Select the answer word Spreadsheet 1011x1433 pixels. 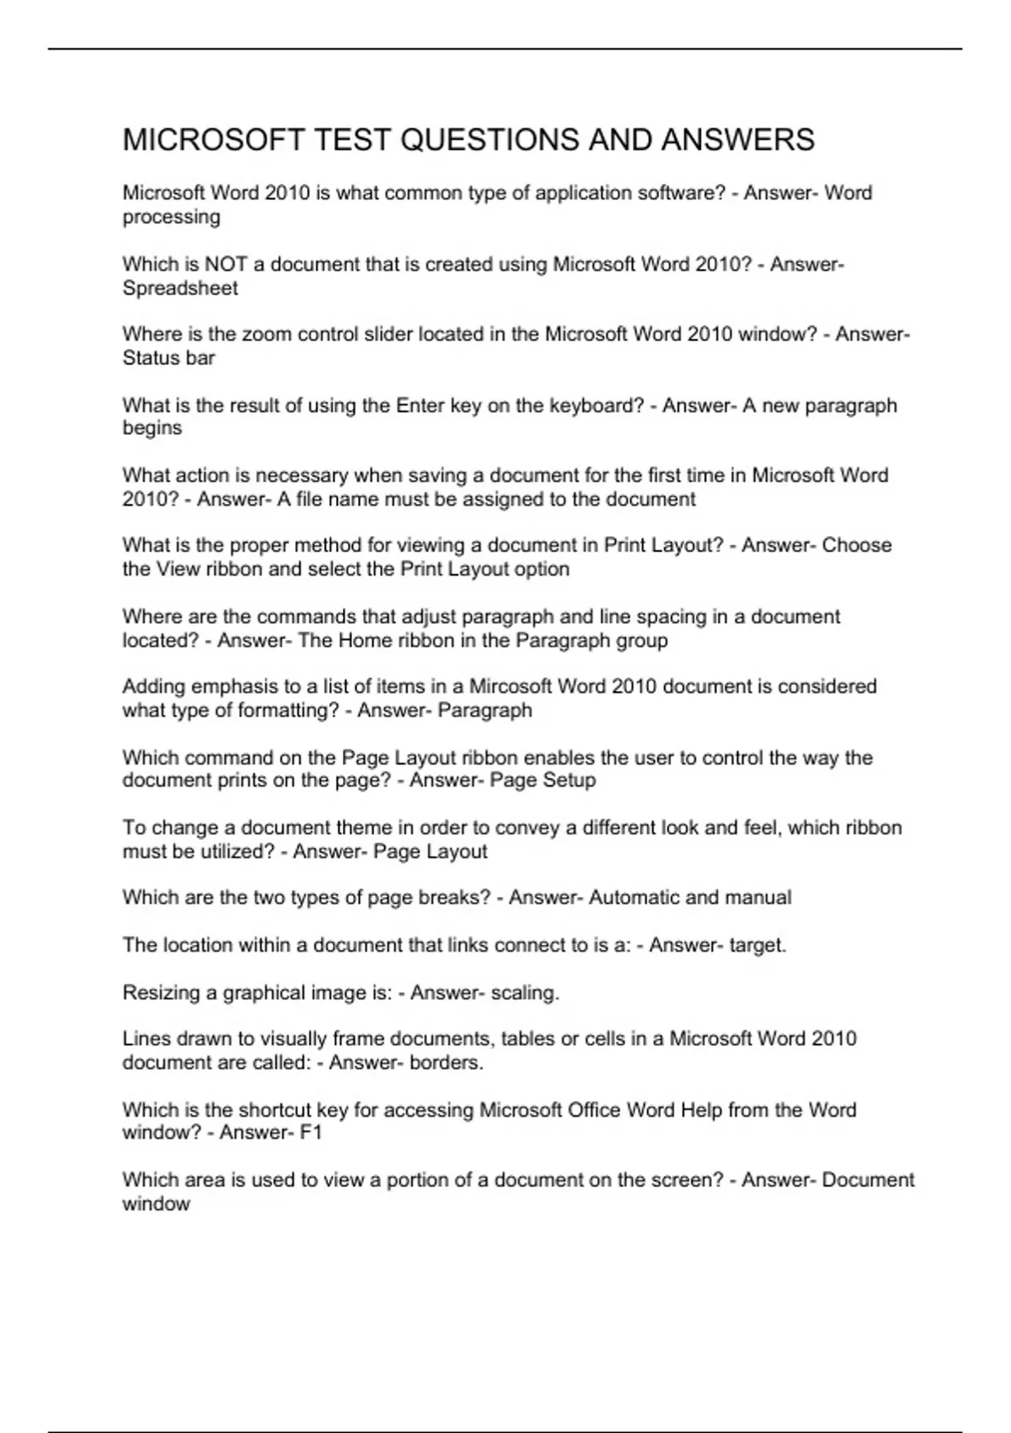180,288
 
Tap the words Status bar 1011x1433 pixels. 168,358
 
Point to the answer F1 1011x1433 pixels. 312,1133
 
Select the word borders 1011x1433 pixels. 447,1063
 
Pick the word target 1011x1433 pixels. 757,946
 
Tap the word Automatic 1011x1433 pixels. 634,898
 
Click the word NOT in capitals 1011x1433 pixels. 226,265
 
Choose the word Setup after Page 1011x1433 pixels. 568,781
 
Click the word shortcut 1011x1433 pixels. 275,1110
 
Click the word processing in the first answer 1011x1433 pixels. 171,217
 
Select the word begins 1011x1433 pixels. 152,428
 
